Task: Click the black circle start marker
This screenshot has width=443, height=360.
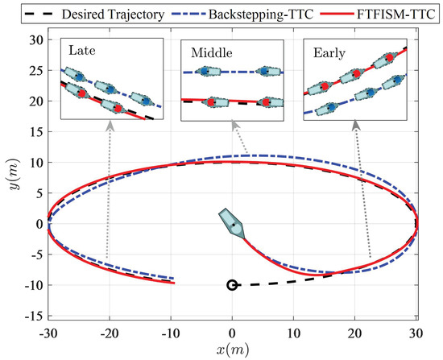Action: pyautogui.click(x=232, y=285)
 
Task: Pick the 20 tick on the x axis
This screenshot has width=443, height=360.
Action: pyautogui.click(x=355, y=332)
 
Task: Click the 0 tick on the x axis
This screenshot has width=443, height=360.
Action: pyautogui.click(x=232, y=332)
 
